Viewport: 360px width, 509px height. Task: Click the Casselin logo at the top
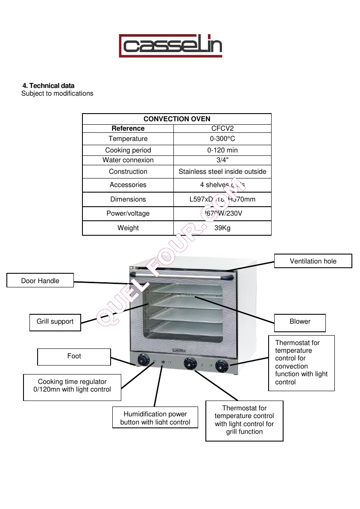170,46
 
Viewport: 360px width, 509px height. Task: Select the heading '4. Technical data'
48,86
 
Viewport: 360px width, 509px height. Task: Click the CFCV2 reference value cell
222,128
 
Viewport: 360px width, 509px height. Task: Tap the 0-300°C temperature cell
222,139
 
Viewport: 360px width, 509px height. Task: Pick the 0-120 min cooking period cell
222,150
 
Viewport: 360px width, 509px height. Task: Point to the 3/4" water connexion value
222,160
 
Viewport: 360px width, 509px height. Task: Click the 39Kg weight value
222,228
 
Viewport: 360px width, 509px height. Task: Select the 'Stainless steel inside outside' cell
222,172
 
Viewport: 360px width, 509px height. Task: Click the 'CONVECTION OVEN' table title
177,119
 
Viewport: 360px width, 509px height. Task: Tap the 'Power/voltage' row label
128,214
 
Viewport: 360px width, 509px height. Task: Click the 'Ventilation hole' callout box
313,261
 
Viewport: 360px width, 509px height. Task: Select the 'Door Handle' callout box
40,281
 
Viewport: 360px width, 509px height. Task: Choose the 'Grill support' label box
55,322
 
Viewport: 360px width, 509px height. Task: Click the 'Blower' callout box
300,322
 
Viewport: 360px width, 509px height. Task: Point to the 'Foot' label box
74,356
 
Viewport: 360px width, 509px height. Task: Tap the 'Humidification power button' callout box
155,418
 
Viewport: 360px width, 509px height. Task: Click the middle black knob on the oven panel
188,363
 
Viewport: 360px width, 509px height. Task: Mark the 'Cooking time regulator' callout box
72,386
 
